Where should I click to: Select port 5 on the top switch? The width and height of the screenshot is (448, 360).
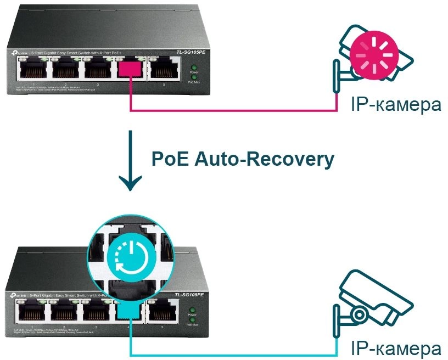[x=164, y=69]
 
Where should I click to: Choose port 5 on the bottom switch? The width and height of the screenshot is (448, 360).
[x=164, y=313]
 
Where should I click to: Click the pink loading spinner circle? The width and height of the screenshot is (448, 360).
[x=373, y=52]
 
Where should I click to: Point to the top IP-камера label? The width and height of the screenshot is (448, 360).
[x=396, y=104]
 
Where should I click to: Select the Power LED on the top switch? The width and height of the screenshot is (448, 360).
[x=193, y=66]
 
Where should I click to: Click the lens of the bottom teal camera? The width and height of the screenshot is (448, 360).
[x=360, y=314]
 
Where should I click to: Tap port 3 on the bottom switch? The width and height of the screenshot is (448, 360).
[x=97, y=313]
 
